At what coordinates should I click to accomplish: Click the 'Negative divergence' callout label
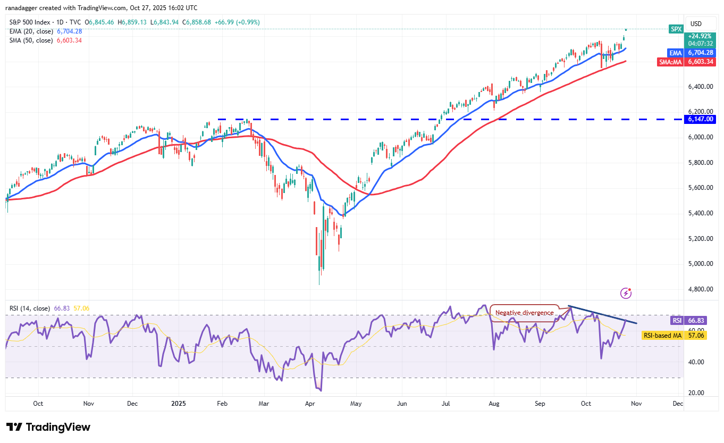(x=522, y=313)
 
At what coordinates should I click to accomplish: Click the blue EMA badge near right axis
(x=676, y=53)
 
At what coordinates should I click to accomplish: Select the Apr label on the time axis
(x=310, y=403)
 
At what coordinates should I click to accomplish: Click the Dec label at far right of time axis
(x=678, y=403)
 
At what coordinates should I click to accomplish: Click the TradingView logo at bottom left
(x=48, y=427)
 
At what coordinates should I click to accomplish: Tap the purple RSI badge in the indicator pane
(x=676, y=321)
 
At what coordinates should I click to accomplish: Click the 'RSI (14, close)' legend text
(x=29, y=308)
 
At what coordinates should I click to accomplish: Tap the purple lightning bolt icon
(x=626, y=293)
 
